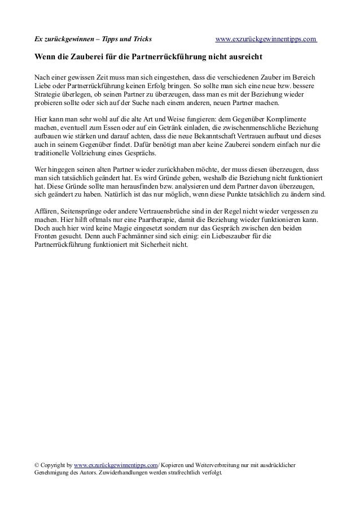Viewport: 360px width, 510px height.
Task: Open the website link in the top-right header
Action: [x=266, y=40]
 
